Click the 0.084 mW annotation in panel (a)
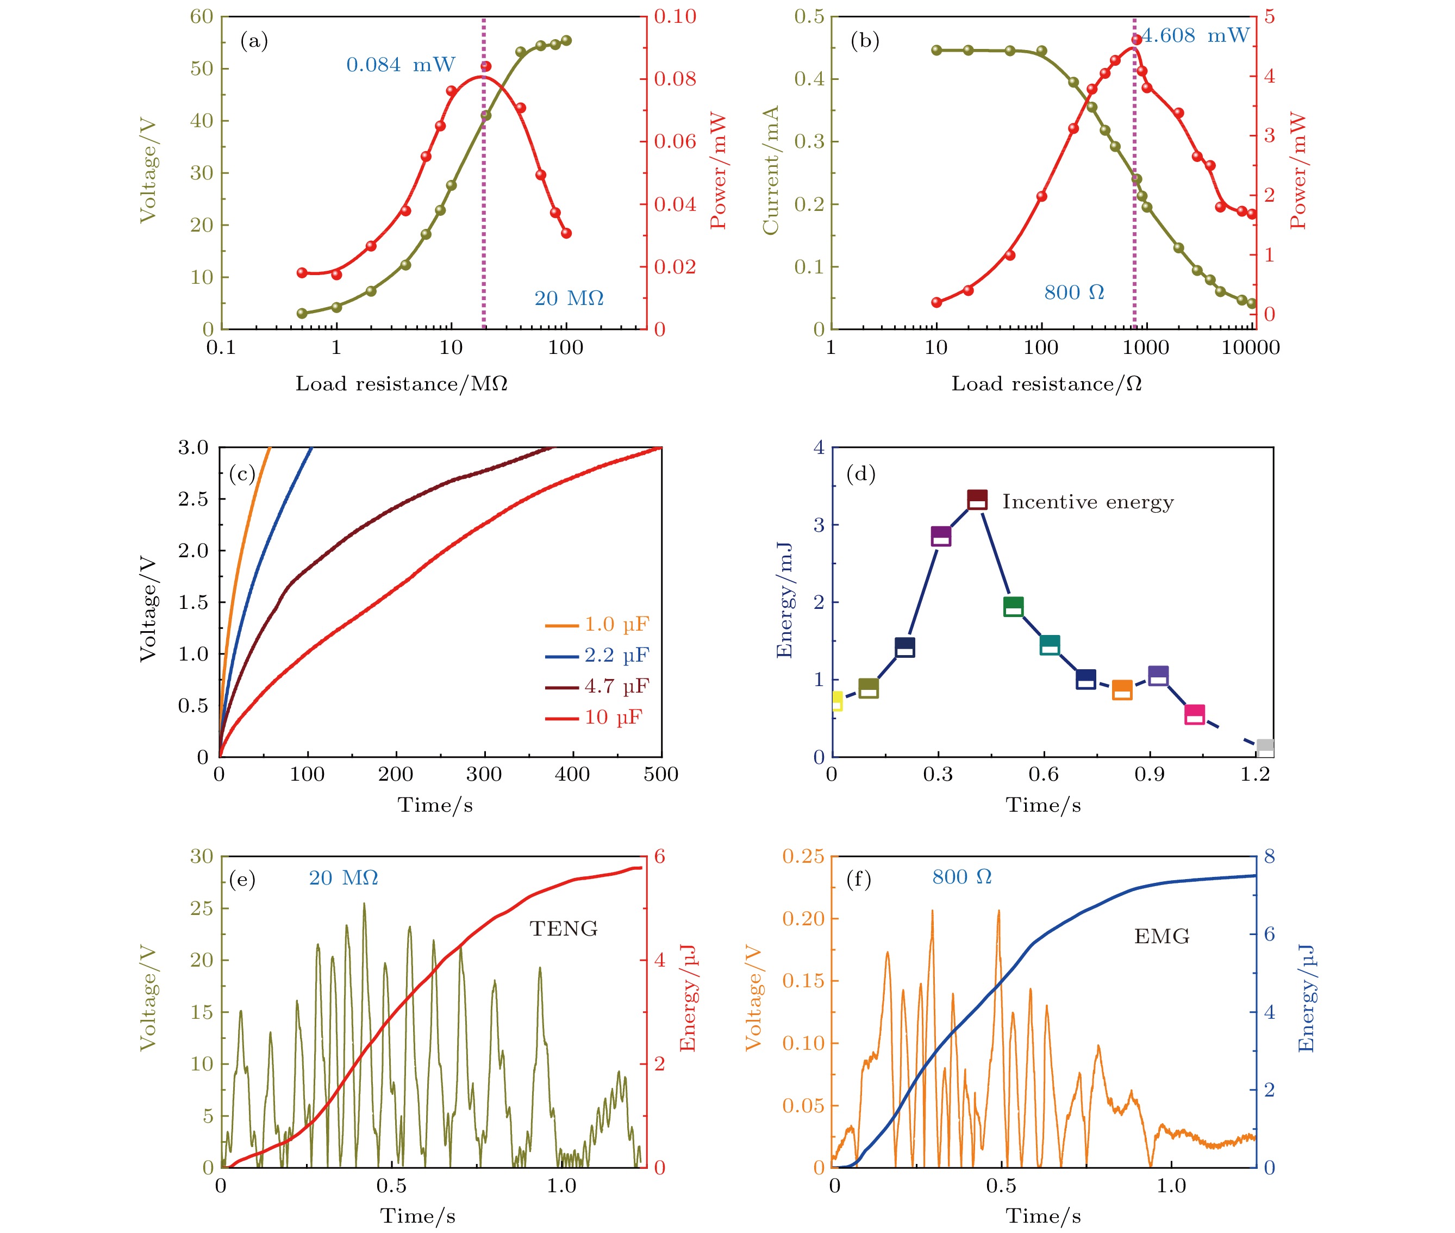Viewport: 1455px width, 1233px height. click(401, 65)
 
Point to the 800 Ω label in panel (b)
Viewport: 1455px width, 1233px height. click(1073, 292)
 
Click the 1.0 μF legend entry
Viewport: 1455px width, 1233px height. click(597, 624)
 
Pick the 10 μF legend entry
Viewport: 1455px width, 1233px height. click(594, 717)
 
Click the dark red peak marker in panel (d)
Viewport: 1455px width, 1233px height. click(977, 500)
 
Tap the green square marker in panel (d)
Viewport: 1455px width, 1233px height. click(1013, 606)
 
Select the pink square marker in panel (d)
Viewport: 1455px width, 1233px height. click(1194, 715)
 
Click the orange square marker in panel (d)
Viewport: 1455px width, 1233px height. click(1122, 690)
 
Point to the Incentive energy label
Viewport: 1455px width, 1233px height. click(1088, 502)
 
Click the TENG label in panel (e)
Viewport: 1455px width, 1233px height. click(563, 929)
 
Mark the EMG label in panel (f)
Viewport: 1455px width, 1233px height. click(1161, 936)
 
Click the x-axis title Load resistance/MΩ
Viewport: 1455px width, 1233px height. click(401, 384)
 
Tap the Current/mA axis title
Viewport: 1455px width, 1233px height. click(770, 171)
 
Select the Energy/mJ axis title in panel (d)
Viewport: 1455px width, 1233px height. click(784, 600)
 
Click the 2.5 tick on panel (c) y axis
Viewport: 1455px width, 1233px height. click(193, 499)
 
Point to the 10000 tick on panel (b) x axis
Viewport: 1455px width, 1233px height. click(1250, 347)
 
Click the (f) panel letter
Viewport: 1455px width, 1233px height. click(858, 879)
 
